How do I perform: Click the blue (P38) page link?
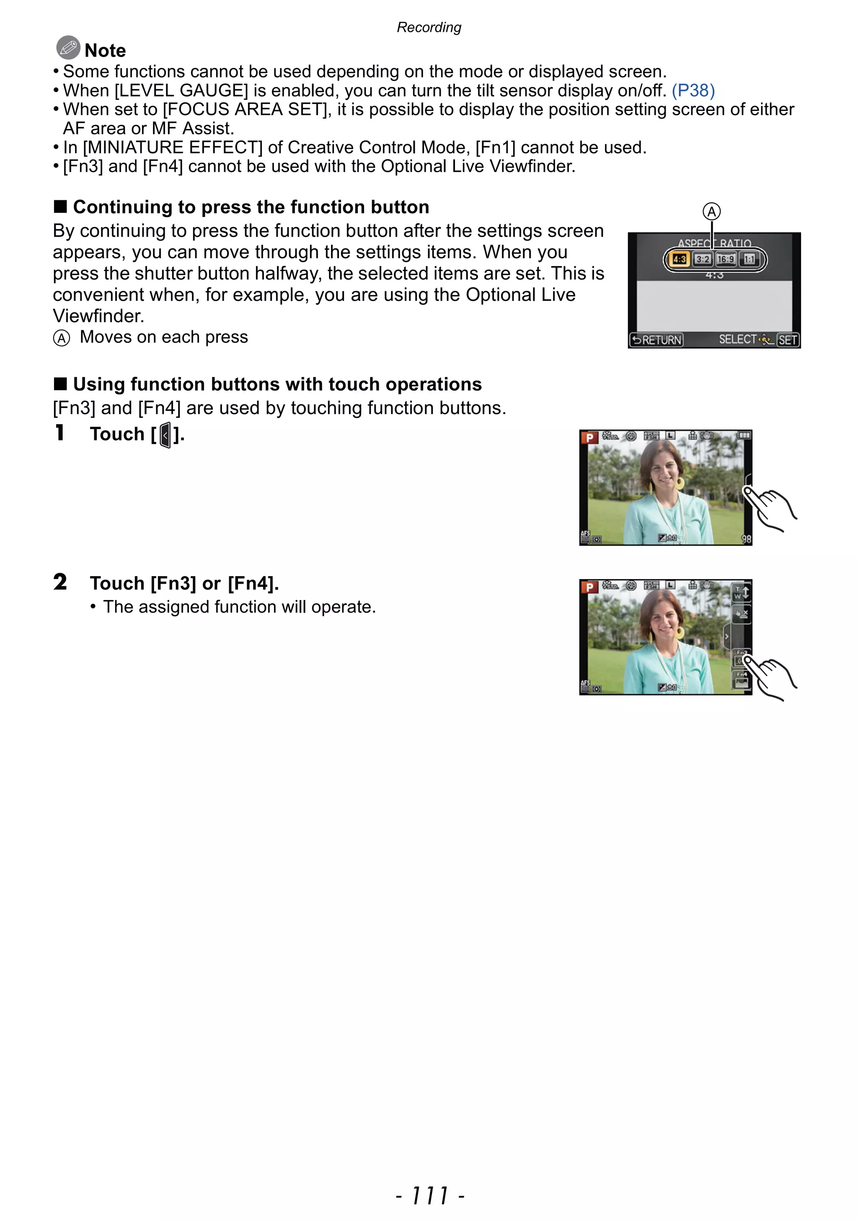click(x=693, y=91)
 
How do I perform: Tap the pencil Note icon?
click(x=68, y=48)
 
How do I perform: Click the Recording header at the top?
click(x=429, y=28)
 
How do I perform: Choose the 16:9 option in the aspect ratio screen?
click(x=726, y=259)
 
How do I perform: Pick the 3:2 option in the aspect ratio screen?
click(x=703, y=259)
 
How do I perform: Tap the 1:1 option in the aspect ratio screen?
click(x=749, y=259)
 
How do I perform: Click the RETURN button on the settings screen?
click(x=656, y=340)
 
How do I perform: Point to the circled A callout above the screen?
click(x=712, y=212)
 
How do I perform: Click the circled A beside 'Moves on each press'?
click(x=62, y=338)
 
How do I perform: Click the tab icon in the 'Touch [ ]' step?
click(x=165, y=435)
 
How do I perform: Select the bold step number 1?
click(x=59, y=433)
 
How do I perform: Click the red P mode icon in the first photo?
click(x=589, y=438)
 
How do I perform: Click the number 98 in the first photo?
click(x=747, y=539)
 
